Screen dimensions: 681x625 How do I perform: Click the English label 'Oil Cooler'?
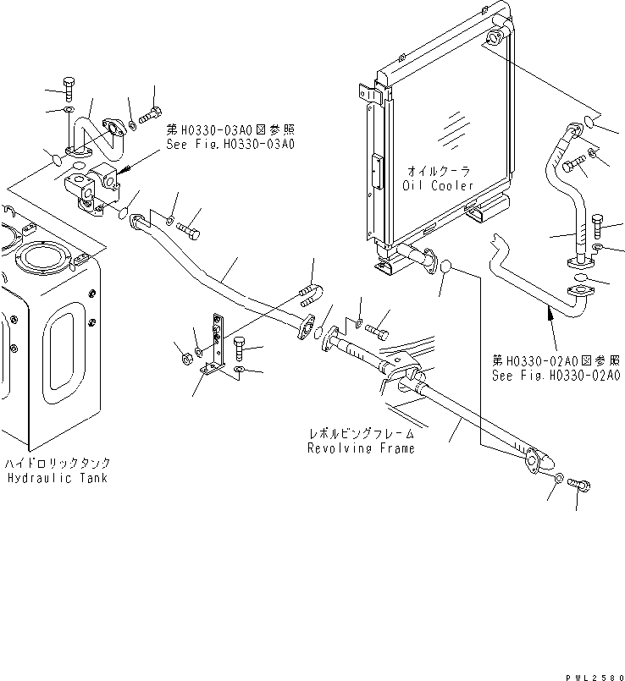(438, 184)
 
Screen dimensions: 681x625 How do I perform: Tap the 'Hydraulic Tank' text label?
(58, 478)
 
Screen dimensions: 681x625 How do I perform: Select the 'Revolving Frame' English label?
(361, 448)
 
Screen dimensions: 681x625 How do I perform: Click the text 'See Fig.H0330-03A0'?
(230, 144)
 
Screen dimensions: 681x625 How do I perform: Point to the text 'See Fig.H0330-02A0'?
(556, 374)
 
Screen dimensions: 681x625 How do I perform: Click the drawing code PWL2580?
(596, 669)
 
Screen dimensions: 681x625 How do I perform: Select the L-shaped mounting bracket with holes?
(215, 347)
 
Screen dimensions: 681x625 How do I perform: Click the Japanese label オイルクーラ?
(438, 171)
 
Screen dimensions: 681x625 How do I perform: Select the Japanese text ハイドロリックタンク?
(58, 464)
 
